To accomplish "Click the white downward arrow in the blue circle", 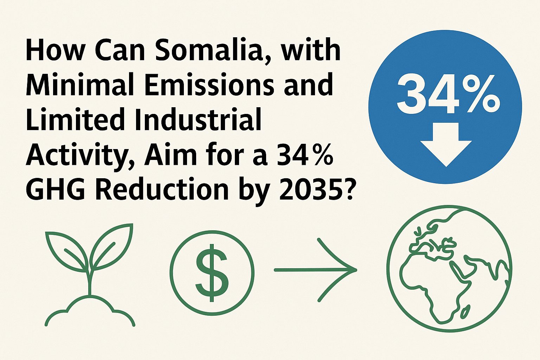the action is pyautogui.click(x=446, y=144).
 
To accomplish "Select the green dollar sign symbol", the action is pyautogui.click(x=212, y=273).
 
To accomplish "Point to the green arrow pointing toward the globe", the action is pyautogui.click(x=315, y=270).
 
